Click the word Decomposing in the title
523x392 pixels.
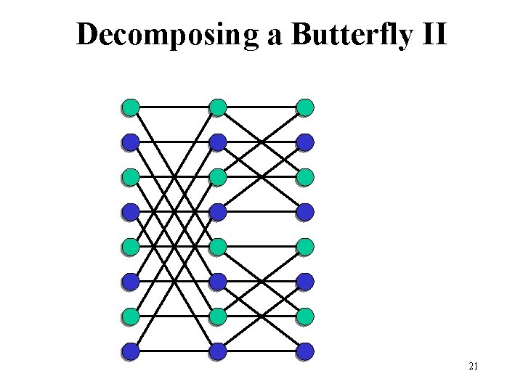pyautogui.click(x=169, y=34)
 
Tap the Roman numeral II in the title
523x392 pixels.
pyautogui.click(x=433, y=34)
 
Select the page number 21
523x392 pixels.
pyautogui.click(x=473, y=367)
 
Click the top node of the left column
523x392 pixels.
pyautogui.click(x=131, y=107)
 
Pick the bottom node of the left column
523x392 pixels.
pyautogui.click(x=131, y=351)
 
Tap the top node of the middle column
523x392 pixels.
pyautogui.click(x=218, y=107)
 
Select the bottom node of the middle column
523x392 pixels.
pyautogui.click(x=218, y=351)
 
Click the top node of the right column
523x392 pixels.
pyautogui.click(x=306, y=107)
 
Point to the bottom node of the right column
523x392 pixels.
pyautogui.click(x=306, y=351)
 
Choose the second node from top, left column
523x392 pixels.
pyautogui.click(x=131, y=142)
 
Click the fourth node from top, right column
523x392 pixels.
pyautogui.click(x=306, y=212)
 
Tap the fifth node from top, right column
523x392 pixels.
pyautogui.click(x=306, y=247)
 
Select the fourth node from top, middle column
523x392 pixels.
pyautogui.click(x=218, y=212)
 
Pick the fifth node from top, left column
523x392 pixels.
pyautogui.click(x=131, y=247)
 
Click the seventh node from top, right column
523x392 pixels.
pyautogui.click(x=306, y=317)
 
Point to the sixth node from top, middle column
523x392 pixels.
pyautogui.click(x=218, y=282)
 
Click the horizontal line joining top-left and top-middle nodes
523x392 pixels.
pyautogui.click(x=174, y=107)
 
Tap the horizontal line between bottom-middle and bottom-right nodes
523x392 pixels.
pyautogui.click(x=261, y=351)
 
